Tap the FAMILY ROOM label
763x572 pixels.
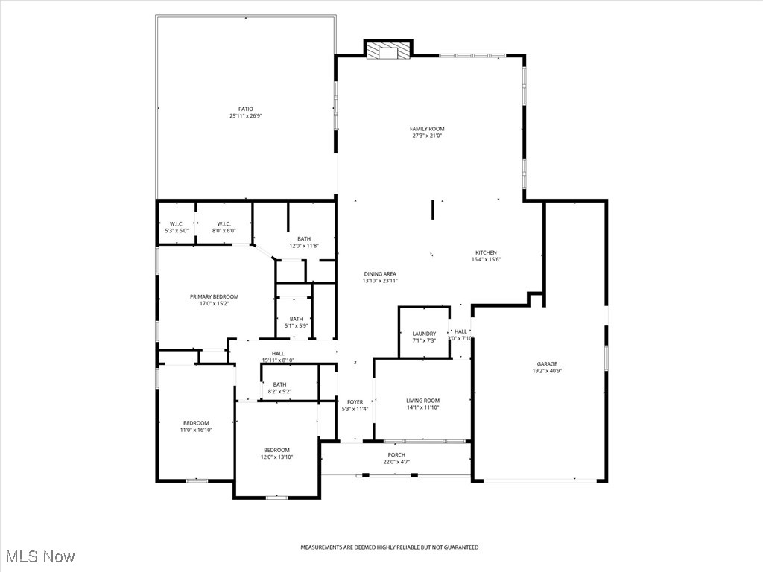(427, 129)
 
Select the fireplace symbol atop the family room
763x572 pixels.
(387, 50)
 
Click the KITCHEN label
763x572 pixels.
(486, 252)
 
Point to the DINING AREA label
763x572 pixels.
(380, 273)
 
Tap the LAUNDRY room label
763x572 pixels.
(424, 334)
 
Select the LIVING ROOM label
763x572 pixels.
(422, 400)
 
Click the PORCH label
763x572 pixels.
(396, 454)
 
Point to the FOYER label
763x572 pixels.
(355, 402)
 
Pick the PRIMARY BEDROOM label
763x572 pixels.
(214, 296)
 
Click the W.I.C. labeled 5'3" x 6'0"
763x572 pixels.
(177, 223)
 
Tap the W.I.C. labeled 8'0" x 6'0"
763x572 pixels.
(224, 223)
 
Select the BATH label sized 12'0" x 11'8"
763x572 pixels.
(304, 238)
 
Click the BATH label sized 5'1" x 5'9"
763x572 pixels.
(297, 319)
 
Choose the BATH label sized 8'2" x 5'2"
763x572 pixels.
(279, 384)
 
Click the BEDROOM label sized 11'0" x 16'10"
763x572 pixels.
(197, 423)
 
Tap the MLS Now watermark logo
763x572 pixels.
(39, 556)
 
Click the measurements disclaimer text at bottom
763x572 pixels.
(389, 547)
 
